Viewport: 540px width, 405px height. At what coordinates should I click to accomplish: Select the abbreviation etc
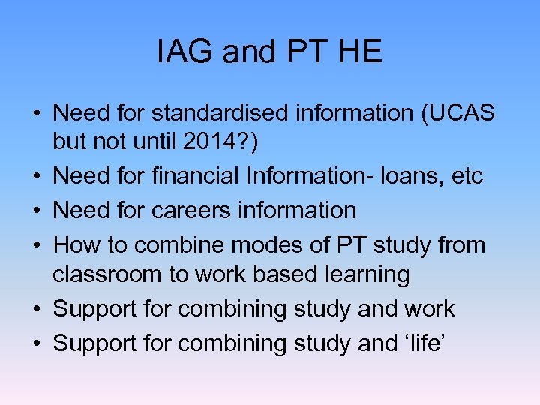point(465,177)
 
